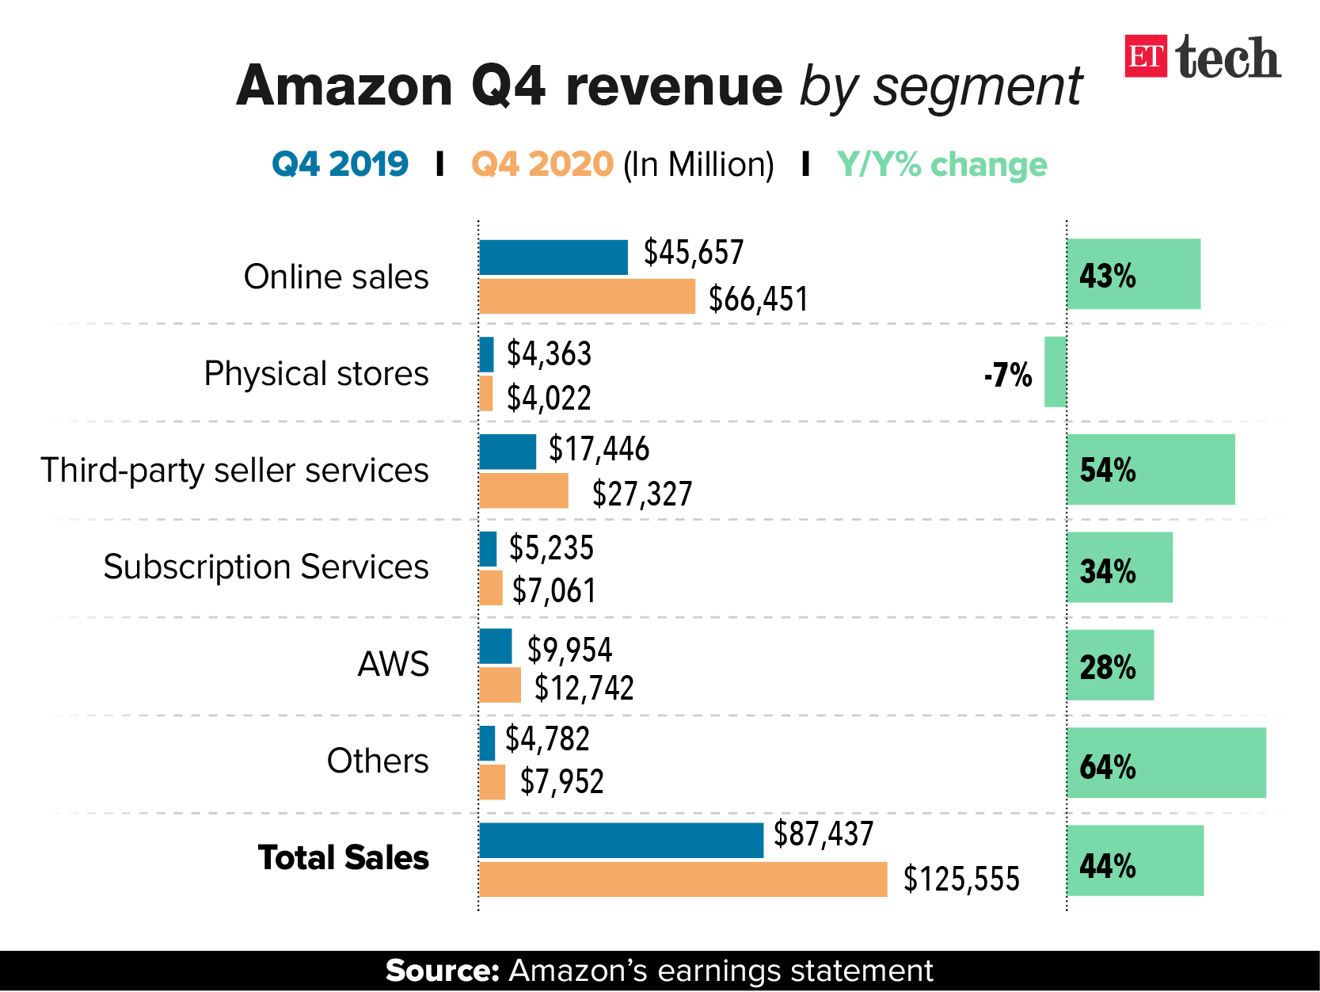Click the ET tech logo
1202,57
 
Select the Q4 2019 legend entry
340,165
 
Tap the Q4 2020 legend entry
542,165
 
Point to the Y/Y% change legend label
941,165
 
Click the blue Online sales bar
553,258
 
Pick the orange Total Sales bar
683,879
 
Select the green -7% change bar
1055,372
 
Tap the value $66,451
758,300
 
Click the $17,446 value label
599,449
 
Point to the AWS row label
393,664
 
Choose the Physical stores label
316,373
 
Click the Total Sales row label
343,858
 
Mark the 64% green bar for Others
1166,762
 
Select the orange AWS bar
500,685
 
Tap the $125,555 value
961,879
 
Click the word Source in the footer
441,971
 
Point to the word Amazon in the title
344,86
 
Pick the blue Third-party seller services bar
507,452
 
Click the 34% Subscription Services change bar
1119,567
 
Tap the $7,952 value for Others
561,782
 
